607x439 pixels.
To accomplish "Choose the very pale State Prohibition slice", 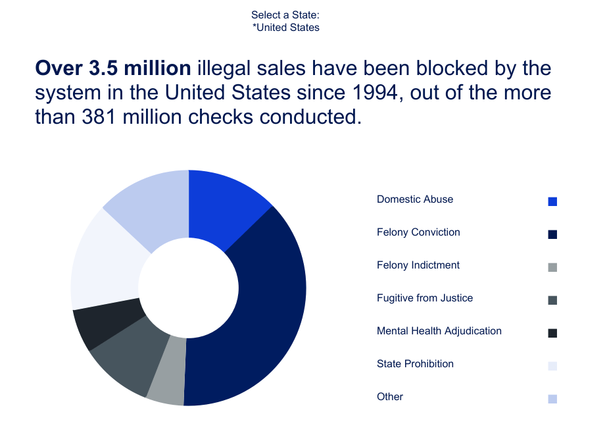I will tap(105, 263).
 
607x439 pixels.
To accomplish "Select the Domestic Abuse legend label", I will tap(415, 199).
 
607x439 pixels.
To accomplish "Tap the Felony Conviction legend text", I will tap(418, 232).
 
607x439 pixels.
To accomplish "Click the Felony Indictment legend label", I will tap(418, 265).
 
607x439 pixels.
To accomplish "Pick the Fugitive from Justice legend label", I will tap(425, 298).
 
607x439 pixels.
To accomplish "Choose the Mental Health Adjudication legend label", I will tap(439, 331).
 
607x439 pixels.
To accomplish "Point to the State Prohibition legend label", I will tap(415, 364).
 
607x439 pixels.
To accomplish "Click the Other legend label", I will tap(390, 397).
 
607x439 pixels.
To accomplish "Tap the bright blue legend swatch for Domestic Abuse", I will tap(552, 201).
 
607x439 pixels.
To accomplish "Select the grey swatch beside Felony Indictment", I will tap(552, 267).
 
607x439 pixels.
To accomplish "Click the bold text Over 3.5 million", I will tap(112, 68).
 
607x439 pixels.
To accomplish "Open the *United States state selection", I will tap(286, 28).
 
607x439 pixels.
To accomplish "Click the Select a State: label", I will tap(285, 14).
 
